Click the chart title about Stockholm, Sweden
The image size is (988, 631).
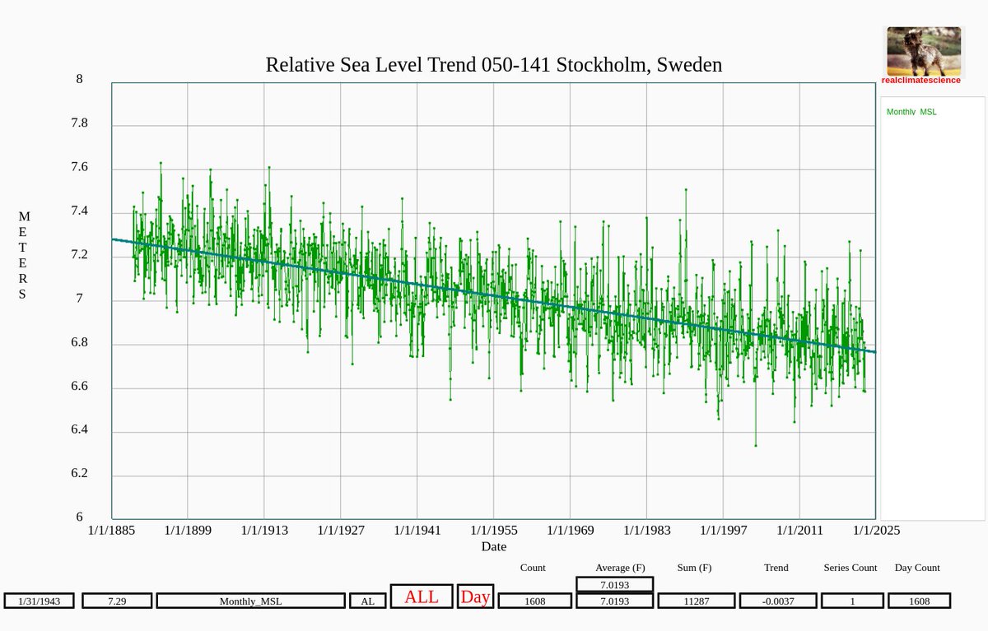[x=493, y=65]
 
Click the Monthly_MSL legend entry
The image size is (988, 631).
[x=911, y=112]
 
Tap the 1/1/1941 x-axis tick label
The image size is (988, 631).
[x=417, y=531]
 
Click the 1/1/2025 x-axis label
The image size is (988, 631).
[x=876, y=531]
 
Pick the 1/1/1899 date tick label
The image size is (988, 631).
[x=188, y=531]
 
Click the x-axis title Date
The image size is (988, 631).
[x=494, y=547]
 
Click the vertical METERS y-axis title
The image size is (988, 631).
[x=24, y=255]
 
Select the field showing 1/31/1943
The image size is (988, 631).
[x=39, y=601]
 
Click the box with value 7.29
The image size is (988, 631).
[x=117, y=601]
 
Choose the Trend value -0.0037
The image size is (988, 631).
[x=778, y=601]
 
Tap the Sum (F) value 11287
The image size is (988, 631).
[x=694, y=601]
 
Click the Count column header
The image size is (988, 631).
[x=533, y=568]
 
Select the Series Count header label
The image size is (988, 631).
[x=851, y=568]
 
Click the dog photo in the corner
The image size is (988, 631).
[x=923, y=51]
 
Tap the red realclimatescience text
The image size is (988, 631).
[x=920, y=81]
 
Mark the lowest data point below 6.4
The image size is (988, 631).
[x=756, y=445]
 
